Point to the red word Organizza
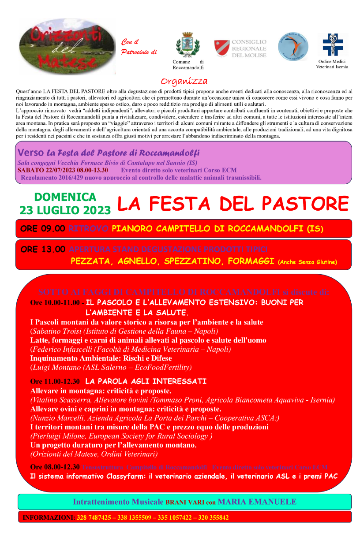click(x=184, y=82)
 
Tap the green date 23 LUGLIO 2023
click(x=64, y=210)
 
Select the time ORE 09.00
click(x=43, y=228)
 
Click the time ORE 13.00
click(x=43, y=249)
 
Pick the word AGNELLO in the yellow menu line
click(x=137, y=261)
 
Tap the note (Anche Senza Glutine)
click(x=307, y=262)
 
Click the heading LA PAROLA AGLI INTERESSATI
click(x=146, y=381)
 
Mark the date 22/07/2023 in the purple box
click(x=59, y=170)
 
